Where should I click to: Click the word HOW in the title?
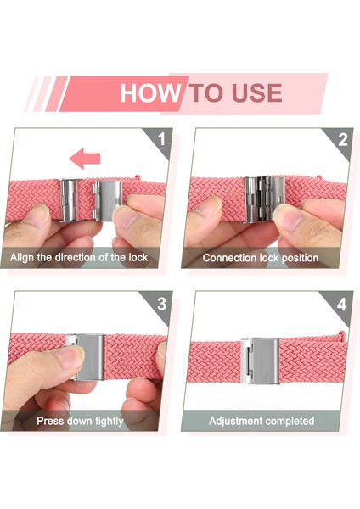[150, 92]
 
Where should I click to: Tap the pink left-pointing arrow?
[85, 159]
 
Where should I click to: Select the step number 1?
[161, 140]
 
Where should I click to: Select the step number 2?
[343, 140]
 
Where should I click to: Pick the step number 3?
[162, 304]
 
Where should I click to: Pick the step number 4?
[342, 305]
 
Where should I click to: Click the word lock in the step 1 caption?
[138, 257]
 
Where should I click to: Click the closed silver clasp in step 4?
[260, 361]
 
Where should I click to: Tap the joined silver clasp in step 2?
[264, 199]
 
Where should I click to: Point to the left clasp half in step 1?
[70, 200]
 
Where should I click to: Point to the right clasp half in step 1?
[107, 200]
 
